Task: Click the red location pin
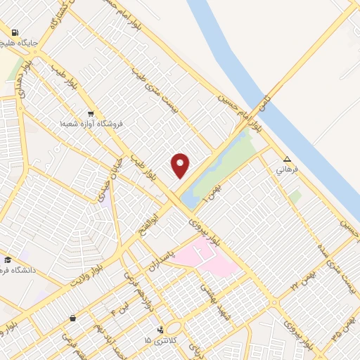181,165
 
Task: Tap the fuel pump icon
14,32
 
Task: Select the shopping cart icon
91,113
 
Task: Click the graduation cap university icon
8,259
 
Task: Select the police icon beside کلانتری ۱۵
161,328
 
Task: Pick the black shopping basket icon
73,318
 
